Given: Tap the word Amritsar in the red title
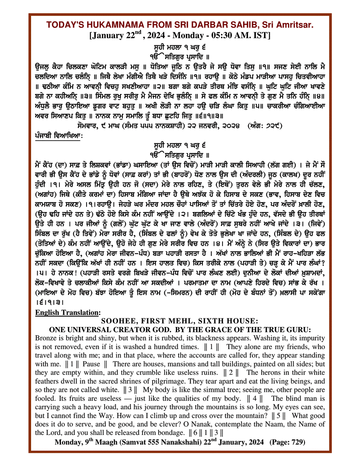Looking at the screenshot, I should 295,25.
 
